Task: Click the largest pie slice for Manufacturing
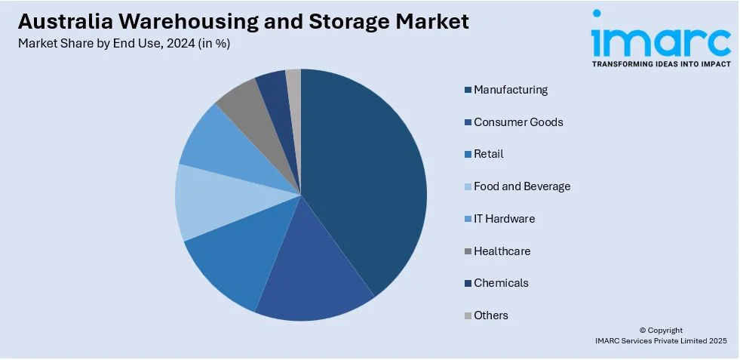[362, 174]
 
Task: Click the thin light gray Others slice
[294, 83]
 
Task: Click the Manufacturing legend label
[510, 90]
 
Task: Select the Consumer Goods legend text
[517, 122]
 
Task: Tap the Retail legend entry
[488, 154]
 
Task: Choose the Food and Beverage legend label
[521, 186]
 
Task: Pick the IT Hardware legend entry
[504, 219]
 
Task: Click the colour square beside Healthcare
[468, 251]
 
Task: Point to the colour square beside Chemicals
[468, 284]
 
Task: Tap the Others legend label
[490, 315]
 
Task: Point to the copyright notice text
[661, 336]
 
